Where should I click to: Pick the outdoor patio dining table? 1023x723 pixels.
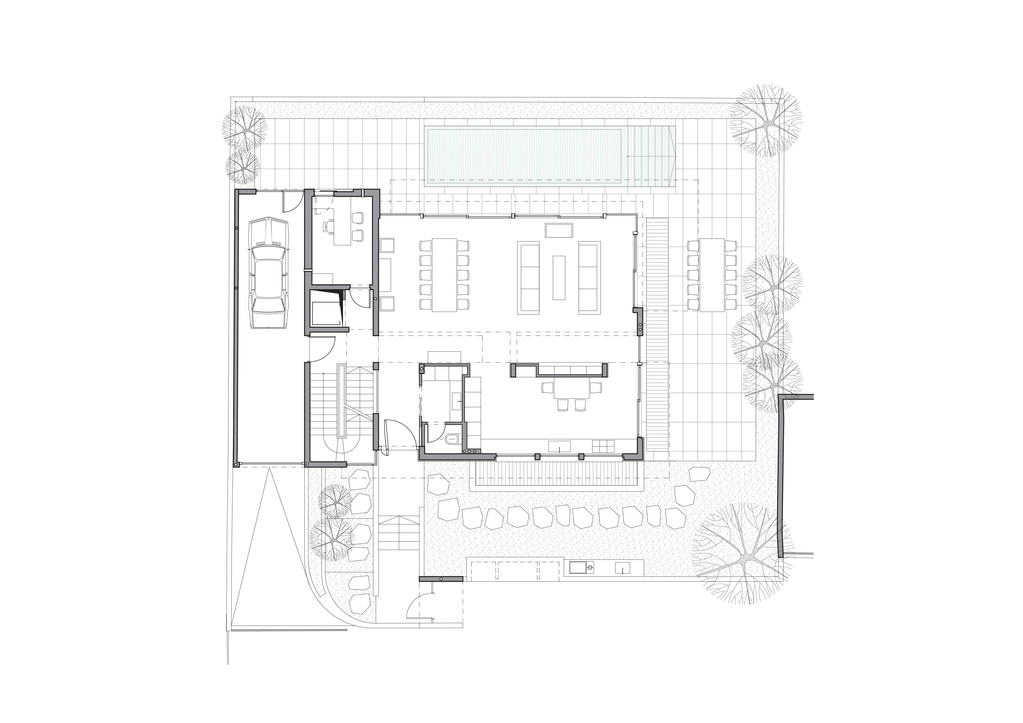(x=712, y=275)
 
